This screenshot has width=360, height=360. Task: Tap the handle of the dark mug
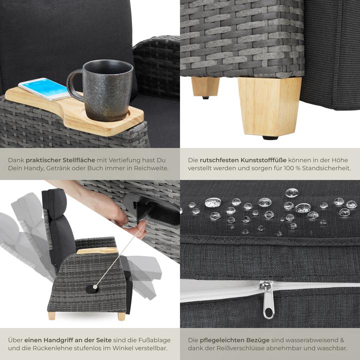point(74,84)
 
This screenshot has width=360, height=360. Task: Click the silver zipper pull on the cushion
point(267,300)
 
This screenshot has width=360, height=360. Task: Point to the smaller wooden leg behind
point(205,86)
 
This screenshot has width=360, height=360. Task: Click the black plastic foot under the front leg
point(270,138)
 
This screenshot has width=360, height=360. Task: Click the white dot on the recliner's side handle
point(95,287)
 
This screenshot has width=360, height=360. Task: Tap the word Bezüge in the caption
point(258,340)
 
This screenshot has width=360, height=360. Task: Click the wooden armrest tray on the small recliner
point(97,250)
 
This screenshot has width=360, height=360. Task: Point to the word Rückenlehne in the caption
point(49,348)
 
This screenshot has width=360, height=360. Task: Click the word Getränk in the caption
point(58,168)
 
